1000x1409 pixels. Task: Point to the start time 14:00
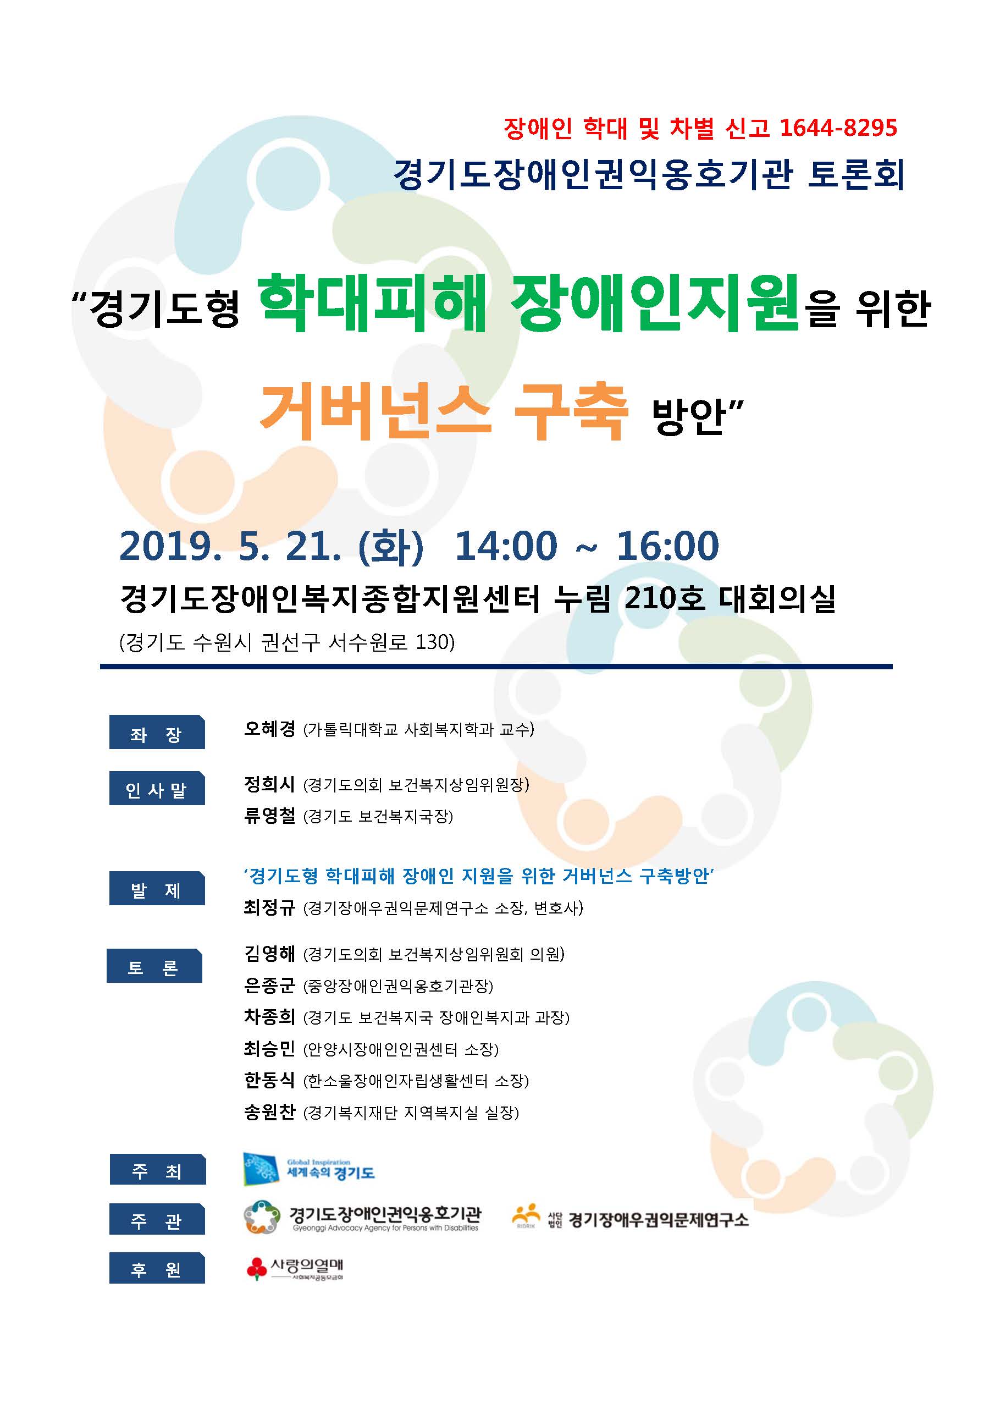[506, 546]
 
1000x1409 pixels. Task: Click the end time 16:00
[668, 546]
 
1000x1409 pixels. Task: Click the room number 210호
[665, 597]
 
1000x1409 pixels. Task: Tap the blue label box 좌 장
[157, 732]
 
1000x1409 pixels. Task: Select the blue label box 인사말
[157, 788]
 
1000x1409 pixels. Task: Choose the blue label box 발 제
[157, 888]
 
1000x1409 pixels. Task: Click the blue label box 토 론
[154, 966]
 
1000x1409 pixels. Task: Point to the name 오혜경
[270, 729]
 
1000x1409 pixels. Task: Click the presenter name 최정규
[270, 907]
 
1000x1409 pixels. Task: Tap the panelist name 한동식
[270, 1080]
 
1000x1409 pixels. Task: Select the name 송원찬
[270, 1111]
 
